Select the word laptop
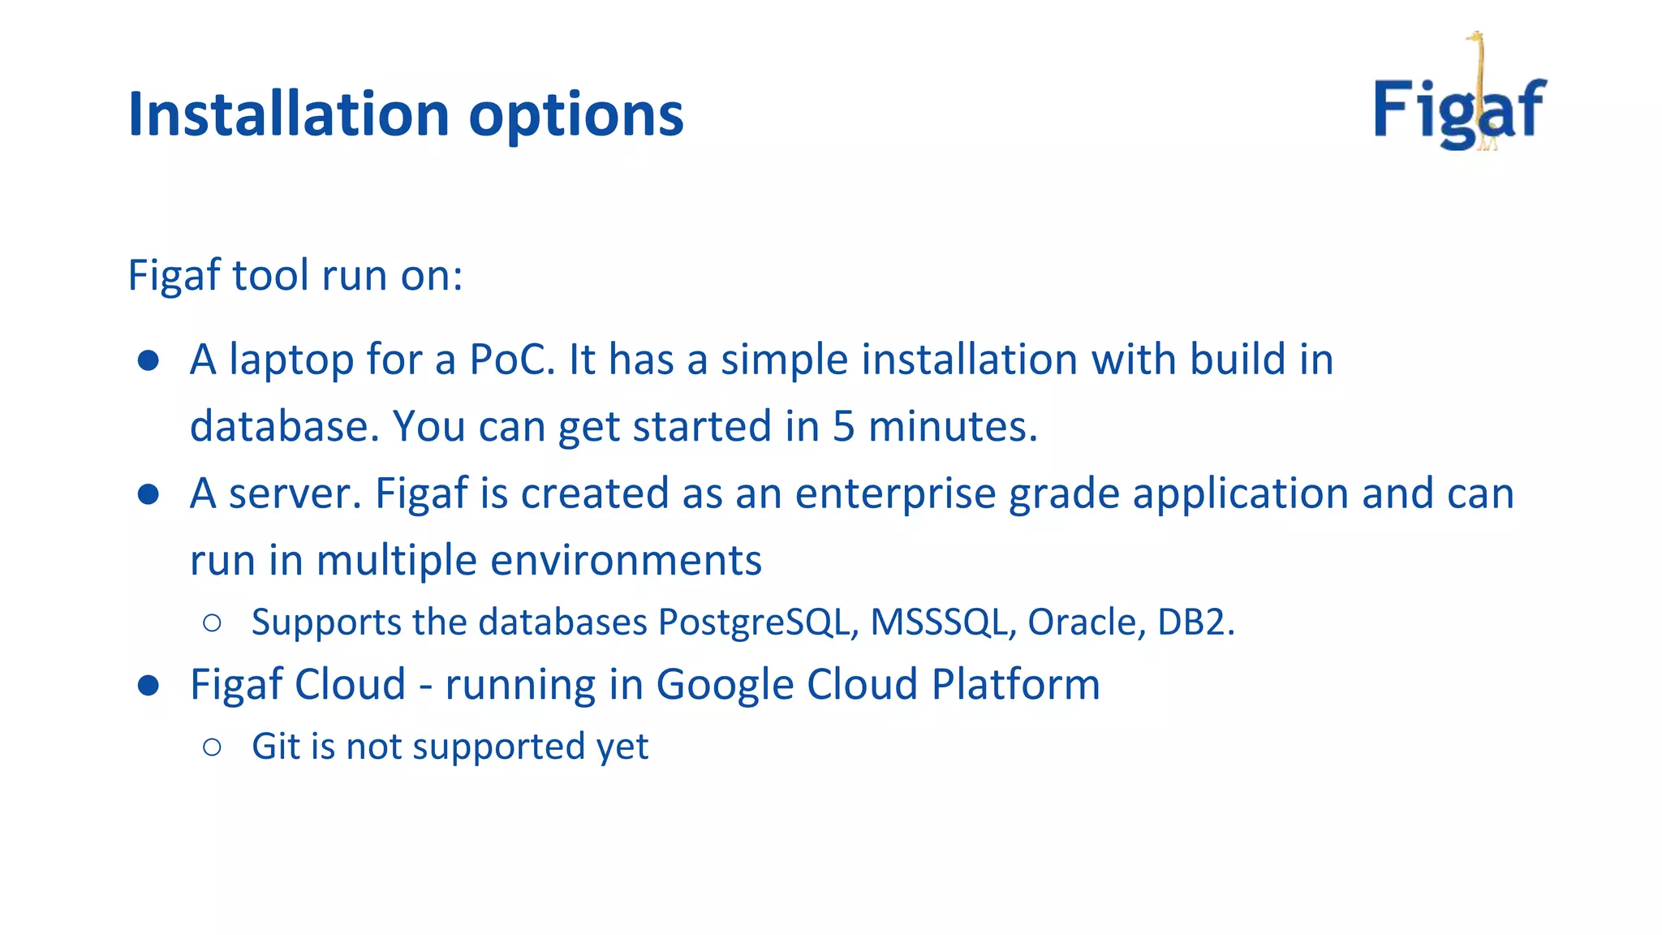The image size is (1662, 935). coord(291,360)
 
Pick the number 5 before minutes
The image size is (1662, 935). coord(843,426)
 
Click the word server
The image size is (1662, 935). coord(295,493)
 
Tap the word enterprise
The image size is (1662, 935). coord(895,493)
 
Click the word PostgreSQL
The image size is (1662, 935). coord(758,623)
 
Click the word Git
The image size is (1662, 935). coord(276,746)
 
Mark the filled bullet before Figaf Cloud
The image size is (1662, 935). coord(148,686)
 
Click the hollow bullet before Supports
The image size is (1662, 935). coord(212,623)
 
